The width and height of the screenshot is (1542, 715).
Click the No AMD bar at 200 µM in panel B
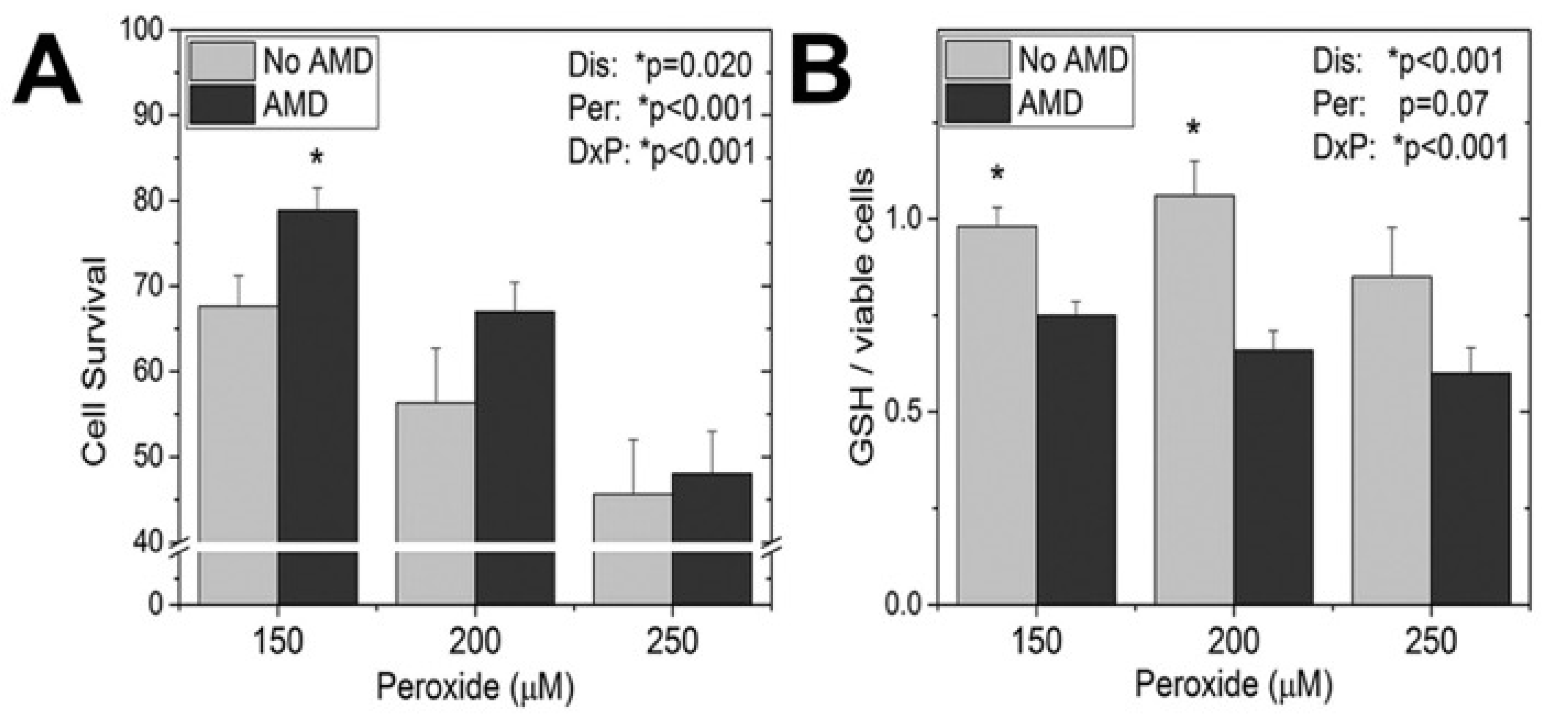1194,401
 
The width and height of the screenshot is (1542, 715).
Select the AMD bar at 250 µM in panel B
1470,488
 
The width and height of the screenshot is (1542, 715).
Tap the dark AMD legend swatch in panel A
222,105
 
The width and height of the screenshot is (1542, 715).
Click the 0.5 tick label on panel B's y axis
903,412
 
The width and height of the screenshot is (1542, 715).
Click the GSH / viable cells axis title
862,317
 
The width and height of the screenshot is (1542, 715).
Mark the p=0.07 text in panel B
1443,105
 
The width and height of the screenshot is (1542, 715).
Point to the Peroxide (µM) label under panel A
475,687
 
